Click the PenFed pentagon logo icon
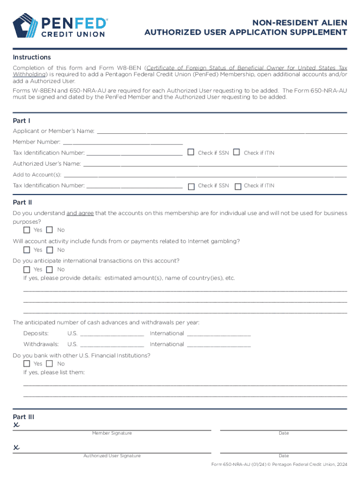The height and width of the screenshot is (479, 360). coord(27,26)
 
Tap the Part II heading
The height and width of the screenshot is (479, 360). coord(22,203)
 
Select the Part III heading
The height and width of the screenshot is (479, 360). coord(23,417)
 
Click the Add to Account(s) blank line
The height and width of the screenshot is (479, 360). coord(205,175)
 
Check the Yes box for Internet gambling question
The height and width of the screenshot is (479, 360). coord(27,250)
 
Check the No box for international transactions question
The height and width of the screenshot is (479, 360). coord(50,269)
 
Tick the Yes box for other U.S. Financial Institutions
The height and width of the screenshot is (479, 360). coord(27,364)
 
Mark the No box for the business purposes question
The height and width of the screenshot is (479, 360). coord(50,230)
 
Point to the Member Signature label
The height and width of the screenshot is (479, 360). coord(112,433)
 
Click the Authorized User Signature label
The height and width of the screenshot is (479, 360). coord(112,456)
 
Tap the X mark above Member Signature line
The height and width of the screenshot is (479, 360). coord(17,425)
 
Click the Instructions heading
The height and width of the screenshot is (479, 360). coord(32,57)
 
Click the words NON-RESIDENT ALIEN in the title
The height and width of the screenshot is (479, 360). coord(300,22)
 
